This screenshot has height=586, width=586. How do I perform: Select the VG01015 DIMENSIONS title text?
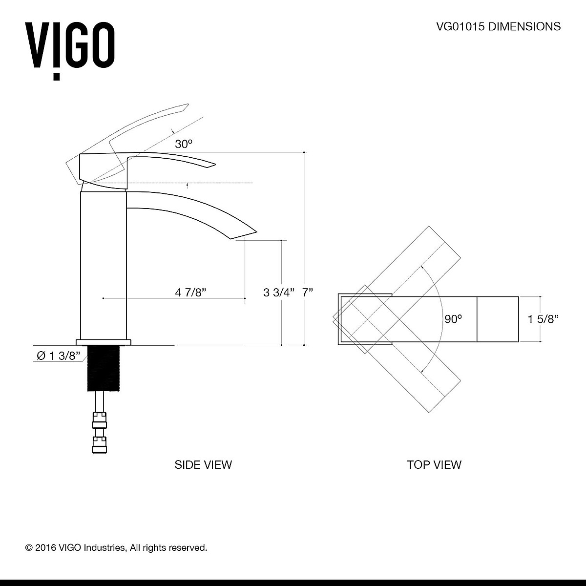498,26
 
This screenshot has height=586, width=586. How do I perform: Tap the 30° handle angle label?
184,144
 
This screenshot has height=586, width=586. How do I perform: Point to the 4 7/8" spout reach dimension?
191,293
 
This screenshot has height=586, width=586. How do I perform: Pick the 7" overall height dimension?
307,293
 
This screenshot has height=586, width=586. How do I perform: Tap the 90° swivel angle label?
453,319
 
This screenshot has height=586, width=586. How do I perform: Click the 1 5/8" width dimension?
543,319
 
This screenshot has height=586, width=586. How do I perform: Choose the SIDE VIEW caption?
203,464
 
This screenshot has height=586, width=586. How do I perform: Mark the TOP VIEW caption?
434,464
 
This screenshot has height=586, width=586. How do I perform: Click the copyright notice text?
116,547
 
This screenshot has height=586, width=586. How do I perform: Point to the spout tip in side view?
244,234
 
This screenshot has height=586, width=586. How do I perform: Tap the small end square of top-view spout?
497,319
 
